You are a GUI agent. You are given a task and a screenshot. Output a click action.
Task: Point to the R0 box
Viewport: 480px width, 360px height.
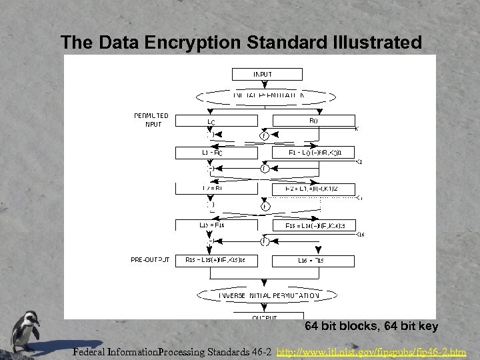click(x=313, y=121)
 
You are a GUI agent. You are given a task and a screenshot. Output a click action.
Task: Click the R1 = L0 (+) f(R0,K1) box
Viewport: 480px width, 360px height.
click(x=313, y=153)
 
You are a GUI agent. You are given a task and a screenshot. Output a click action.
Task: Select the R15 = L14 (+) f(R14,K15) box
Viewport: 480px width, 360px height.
click(x=313, y=225)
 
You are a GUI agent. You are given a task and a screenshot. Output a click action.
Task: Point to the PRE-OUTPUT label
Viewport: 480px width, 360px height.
click(x=150, y=260)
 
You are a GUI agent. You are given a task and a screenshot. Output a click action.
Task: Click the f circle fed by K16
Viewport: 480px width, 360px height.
click(x=265, y=241)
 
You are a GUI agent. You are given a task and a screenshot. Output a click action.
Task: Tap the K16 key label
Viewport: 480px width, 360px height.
click(x=361, y=235)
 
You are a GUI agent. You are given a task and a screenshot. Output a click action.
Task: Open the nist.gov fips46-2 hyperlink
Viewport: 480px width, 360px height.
click(x=371, y=351)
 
